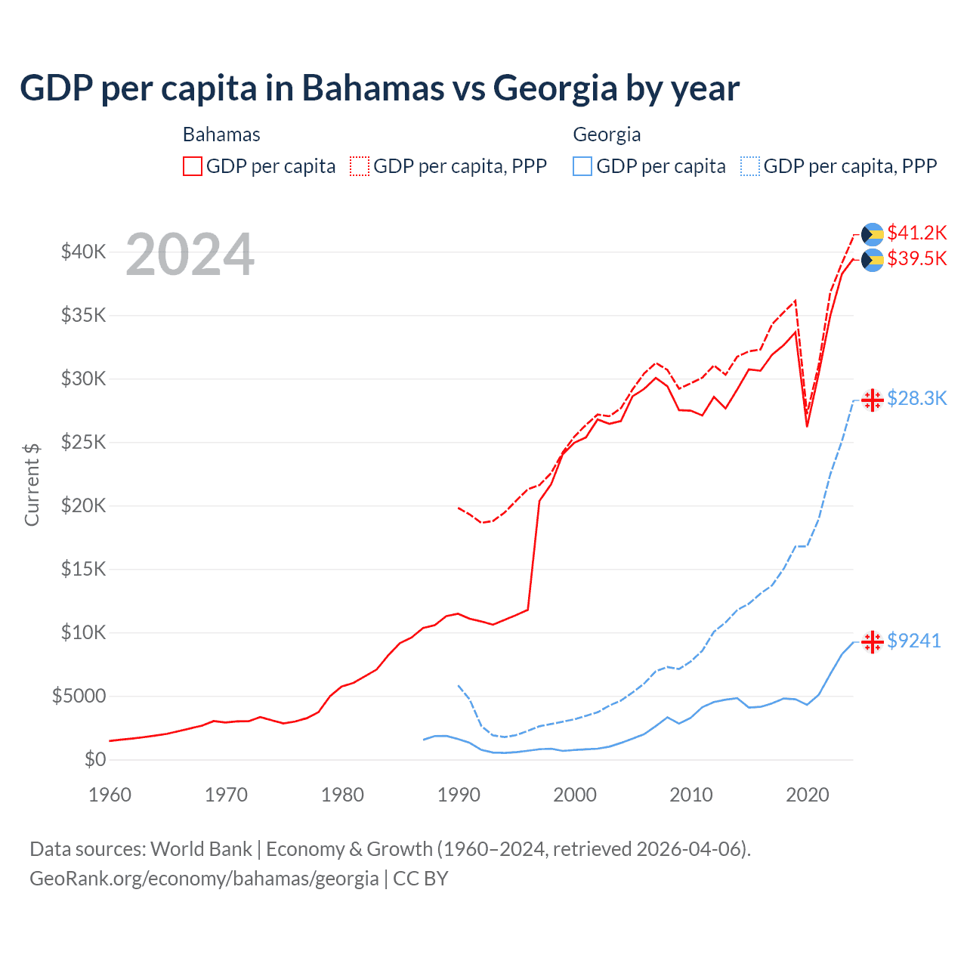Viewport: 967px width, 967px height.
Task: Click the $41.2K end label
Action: pos(916,233)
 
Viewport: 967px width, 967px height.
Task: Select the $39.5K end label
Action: pos(916,259)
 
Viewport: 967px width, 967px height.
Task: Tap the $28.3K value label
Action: pos(916,399)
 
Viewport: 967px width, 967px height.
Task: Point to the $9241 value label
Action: pos(913,641)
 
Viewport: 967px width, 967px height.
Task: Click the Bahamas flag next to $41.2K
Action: pos(873,234)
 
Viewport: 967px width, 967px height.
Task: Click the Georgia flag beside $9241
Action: pos(873,642)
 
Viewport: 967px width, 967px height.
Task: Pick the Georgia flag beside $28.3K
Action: pos(873,400)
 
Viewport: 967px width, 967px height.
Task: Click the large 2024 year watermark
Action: pos(190,255)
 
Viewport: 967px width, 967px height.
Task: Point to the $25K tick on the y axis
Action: pos(83,442)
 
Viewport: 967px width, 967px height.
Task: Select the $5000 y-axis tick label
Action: pos(79,696)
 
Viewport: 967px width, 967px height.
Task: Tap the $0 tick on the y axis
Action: pos(95,759)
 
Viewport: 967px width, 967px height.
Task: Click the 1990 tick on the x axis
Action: pos(459,795)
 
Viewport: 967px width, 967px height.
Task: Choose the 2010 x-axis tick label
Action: pos(691,795)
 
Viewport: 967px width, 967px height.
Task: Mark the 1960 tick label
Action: pos(110,795)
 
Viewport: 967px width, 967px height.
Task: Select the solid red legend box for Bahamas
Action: pos(193,166)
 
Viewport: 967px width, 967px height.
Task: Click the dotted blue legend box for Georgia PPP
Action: pos(750,166)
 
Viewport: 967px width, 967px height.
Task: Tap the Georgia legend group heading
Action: pos(607,134)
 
